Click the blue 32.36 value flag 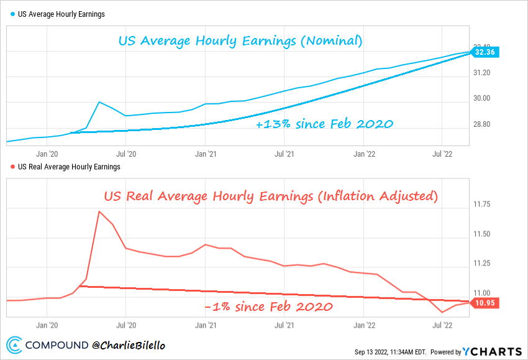pos(485,53)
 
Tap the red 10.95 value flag pos(485,303)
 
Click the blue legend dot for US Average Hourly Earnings pos(13,14)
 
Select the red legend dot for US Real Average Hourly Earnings pos(13,167)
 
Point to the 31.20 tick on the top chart pos(482,72)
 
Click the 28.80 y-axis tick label pos(482,124)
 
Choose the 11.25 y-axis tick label pos(482,264)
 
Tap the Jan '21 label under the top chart pos(205,152)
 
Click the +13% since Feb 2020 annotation pos(324,124)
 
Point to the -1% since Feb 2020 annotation pos(268,307)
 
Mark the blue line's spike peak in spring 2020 pos(99,101)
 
